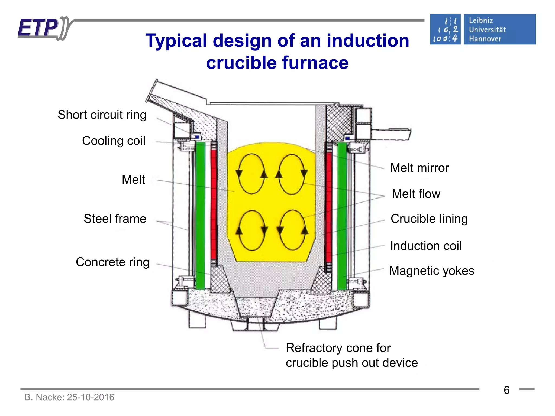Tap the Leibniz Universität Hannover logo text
(487, 30)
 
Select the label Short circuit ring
(102, 115)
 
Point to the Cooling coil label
(114, 141)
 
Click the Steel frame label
(115, 219)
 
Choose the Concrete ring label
(112, 262)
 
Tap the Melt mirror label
(419, 168)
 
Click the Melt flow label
(416, 194)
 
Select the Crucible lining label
(429, 219)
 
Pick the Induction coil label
(426, 246)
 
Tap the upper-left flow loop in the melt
(251, 174)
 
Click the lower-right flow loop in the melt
(292, 230)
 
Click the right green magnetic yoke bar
(342, 214)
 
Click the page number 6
(506, 390)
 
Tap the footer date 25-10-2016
(91, 397)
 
